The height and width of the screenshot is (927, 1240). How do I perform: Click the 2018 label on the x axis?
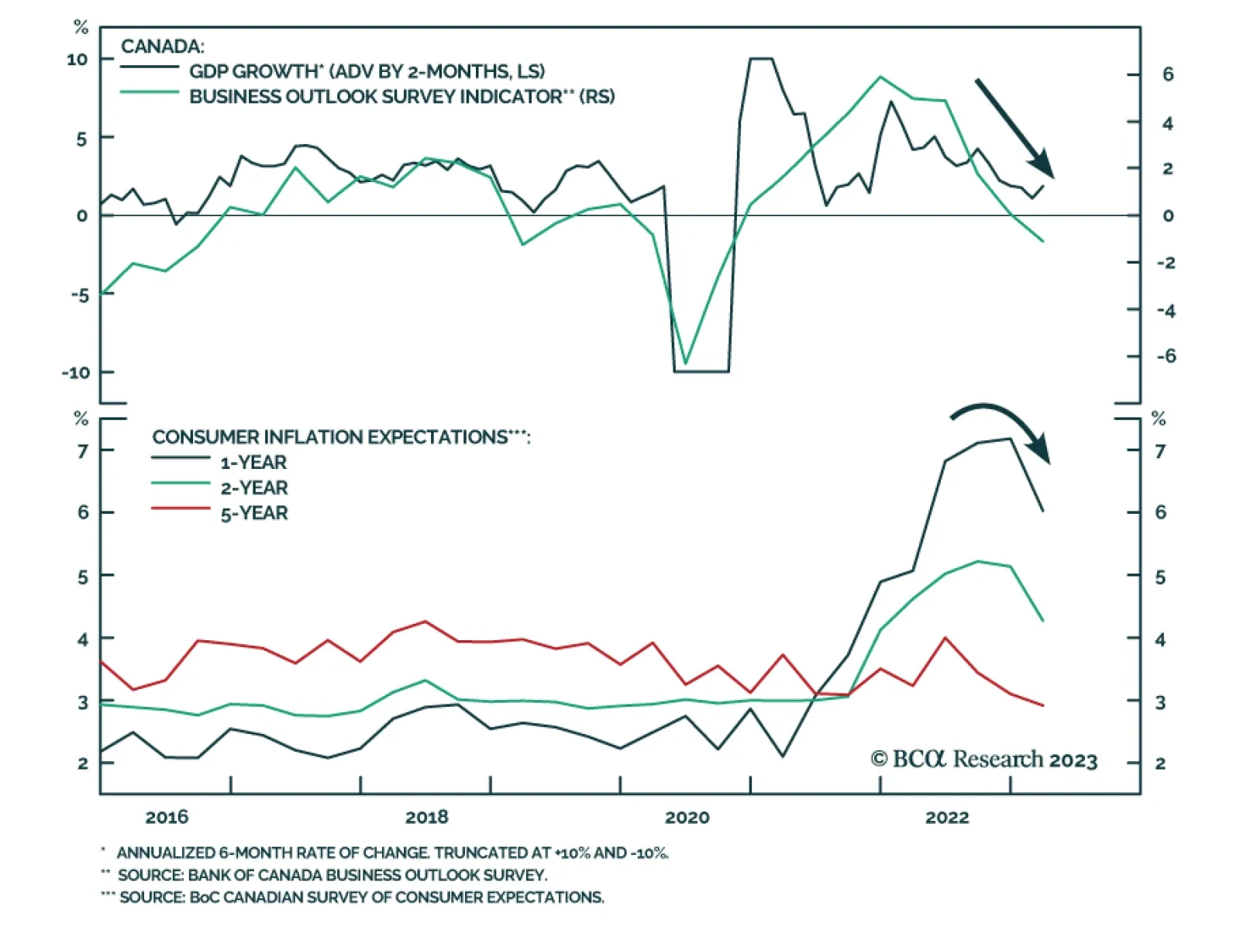coord(426,817)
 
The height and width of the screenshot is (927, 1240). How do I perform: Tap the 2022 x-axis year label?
coord(946,817)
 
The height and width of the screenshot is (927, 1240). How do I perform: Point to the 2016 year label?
coord(167,817)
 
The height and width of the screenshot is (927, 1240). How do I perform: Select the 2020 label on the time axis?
coord(687,817)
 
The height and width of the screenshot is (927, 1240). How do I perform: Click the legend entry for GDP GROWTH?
coord(367,71)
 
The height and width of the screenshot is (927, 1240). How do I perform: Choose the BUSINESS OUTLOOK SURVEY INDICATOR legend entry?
coord(401,97)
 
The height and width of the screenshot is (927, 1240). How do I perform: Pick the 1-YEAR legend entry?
coord(253,463)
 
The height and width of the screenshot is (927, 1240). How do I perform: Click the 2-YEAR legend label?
coord(254,488)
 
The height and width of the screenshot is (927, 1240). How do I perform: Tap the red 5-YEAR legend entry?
coord(254,513)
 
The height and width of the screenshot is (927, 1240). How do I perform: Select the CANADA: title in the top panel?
coord(163,47)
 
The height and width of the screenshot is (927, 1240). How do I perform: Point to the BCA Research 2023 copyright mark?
coord(983,759)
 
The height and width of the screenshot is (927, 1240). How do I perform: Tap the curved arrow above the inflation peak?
coord(1004,425)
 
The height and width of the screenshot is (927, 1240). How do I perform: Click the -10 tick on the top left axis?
coord(77,373)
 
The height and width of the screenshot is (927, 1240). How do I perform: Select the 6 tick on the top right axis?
coord(1167,74)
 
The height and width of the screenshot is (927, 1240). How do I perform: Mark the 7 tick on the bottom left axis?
coord(83,450)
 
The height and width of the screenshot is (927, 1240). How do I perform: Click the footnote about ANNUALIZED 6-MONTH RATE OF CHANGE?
coord(391,853)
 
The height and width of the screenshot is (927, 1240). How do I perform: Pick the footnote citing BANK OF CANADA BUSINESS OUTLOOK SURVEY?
coord(332,875)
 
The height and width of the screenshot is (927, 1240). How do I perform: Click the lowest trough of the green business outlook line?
coord(685,364)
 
